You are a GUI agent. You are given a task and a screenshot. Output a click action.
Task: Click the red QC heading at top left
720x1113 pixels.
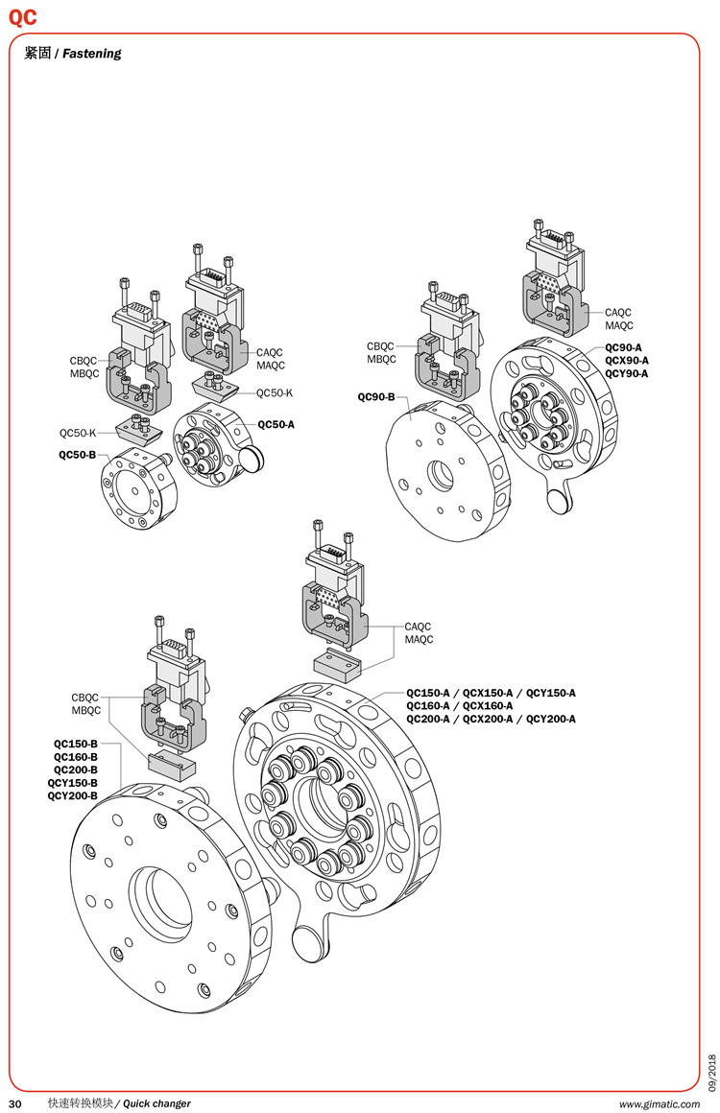coord(23,16)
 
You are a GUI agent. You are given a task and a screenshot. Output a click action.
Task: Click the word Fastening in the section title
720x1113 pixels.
coord(92,54)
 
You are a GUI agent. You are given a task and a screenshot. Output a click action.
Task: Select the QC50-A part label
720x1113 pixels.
coord(276,424)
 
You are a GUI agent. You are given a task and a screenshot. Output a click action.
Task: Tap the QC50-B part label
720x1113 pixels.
coord(78,454)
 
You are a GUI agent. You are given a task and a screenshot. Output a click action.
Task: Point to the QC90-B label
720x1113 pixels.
coord(376,395)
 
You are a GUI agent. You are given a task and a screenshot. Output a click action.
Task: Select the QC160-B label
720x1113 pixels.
coord(75,756)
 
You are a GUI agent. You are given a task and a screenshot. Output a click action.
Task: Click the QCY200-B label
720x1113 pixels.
coord(72,795)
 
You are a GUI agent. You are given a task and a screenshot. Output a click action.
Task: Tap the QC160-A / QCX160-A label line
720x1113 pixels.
coord(459,705)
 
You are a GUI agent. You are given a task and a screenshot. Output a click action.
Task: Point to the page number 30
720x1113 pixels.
coord(14,1102)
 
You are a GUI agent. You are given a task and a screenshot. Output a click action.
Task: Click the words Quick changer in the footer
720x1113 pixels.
coord(156,1102)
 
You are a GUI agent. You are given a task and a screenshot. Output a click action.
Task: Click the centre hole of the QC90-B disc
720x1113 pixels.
coord(443,473)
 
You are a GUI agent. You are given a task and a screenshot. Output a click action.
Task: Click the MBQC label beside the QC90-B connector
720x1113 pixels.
coord(381,360)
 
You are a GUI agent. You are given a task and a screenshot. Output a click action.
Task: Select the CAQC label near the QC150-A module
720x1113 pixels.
coord(418,627)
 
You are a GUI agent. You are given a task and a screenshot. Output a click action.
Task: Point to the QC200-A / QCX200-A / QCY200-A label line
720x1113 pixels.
coord(491,719)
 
